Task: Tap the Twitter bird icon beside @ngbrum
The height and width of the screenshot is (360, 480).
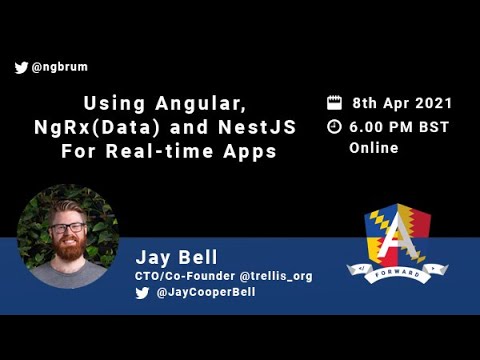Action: click(21, 68)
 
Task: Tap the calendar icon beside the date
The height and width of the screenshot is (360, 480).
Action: click(334, 103)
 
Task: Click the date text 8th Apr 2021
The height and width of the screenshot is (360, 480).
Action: click(402, 103)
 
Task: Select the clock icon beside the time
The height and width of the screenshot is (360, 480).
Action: click(334, 127)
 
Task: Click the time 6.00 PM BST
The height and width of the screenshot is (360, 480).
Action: click(401, 127)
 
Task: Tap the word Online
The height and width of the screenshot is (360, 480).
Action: click(373, 148)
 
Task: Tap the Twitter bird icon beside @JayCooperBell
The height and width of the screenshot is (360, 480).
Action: click(141, 293)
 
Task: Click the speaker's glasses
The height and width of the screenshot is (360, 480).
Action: click(68, 228)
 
